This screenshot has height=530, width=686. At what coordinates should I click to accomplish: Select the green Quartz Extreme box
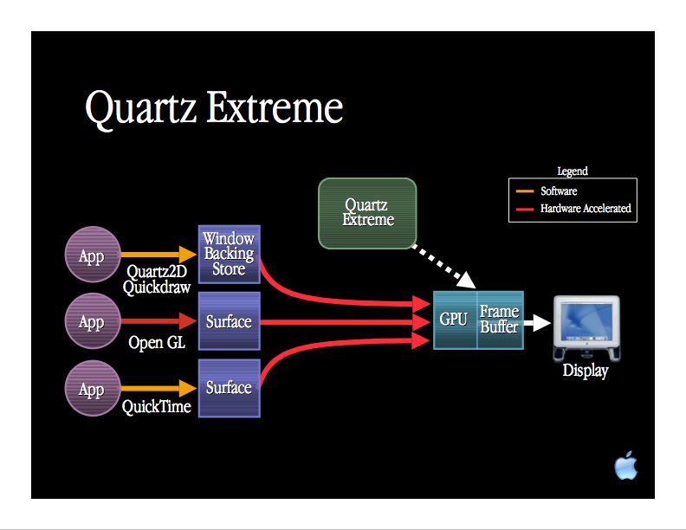[367, 213]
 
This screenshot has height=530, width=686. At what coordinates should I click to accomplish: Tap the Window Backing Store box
[229, 253]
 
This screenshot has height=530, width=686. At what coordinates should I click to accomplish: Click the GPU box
[454, 320]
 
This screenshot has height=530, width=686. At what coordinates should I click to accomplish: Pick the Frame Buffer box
[500, 320]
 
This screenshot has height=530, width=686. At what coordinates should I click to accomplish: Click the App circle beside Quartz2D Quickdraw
[92, 255]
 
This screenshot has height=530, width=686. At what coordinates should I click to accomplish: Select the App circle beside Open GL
[92, 322]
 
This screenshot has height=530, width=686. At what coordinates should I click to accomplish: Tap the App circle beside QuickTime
[92, 389]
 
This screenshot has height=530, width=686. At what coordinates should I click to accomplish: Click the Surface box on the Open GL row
[229, 321]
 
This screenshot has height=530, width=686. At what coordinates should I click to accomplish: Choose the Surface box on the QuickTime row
[229, 388]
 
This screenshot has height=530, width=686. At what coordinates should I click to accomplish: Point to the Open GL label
[157, 343]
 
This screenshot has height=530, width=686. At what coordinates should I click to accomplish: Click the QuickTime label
[157, 406]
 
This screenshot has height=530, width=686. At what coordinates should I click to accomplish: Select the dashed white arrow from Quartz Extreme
[442, 266]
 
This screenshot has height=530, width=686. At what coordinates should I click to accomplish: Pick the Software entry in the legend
[559, 191]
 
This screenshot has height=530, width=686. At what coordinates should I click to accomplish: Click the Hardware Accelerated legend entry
[586, 209]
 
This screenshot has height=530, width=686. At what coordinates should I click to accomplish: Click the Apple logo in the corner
[625, 466]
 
